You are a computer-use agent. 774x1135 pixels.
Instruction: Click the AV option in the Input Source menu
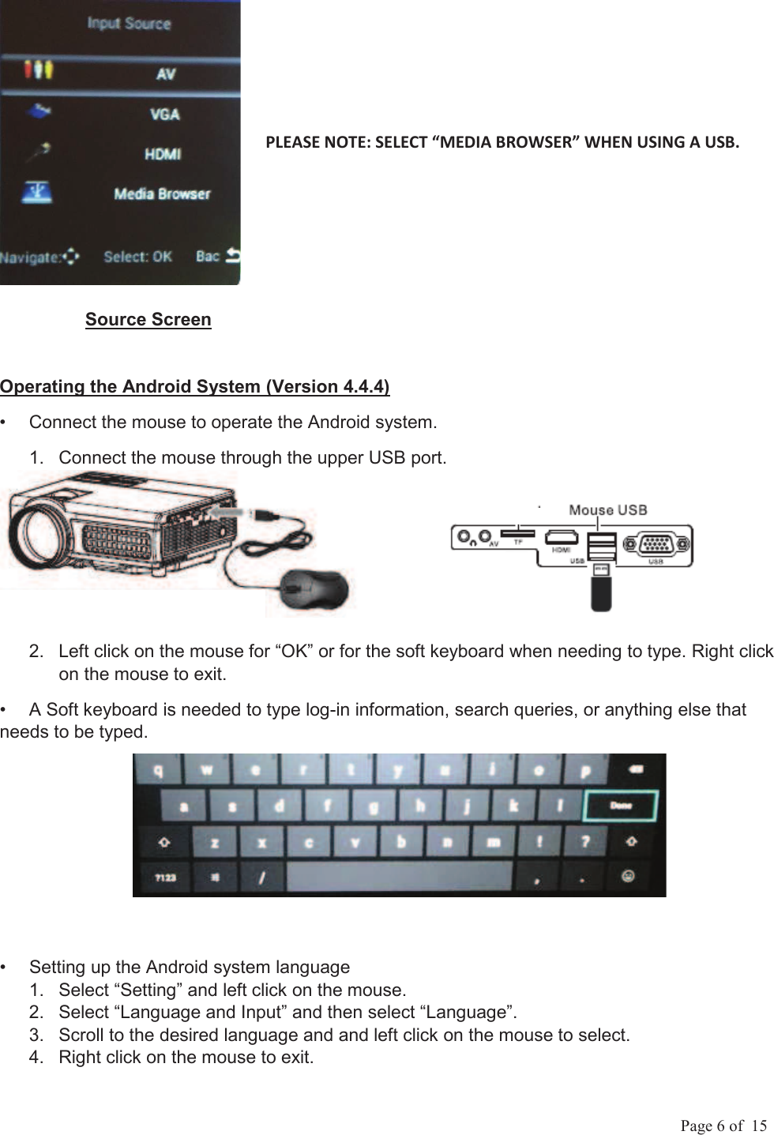pyautogui.click(x=165, y=73)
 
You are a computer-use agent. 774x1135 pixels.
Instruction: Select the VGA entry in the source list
pyautogui.click(x=165, y=115)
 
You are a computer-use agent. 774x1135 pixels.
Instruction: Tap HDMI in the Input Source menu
pyautogui.click(x=163, y=154)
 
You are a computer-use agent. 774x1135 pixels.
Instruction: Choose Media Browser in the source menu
pyautogui.click(x=162, y=194)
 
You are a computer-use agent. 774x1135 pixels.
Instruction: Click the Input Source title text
pyautogui.click(x=129, y=23)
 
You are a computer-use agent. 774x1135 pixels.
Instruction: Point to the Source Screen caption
pyautogui.click(x=148, y=319)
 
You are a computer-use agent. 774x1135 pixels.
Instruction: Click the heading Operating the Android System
pyautogui.click(x=194, y=386)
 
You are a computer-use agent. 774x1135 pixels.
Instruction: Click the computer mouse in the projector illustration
pyautogui.click(x=315, y=588)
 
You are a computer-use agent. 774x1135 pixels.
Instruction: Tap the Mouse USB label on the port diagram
pyautogui.click(x=607, y=510)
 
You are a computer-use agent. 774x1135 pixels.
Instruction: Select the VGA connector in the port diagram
pyautogui.click(x=657, y=544)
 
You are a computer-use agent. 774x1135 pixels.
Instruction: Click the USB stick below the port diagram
pyautogui.click(x=601, y=588)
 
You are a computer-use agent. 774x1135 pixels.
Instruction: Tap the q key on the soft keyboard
pyautogui.click(x=160, y=769)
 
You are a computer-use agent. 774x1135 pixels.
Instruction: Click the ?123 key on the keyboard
pyautogui.click(x=165, y=877)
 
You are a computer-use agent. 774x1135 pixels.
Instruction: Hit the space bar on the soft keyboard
pyautogui.click(x=399, y=877)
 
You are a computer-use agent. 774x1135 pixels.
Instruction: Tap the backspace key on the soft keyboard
pyautogui.click(x=636, y=769)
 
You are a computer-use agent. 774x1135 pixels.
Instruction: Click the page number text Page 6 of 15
pyautogui.click(x=723, y=1126)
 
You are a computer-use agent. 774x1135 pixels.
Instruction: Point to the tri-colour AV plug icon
pyautogui.click(x=38, y=70)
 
